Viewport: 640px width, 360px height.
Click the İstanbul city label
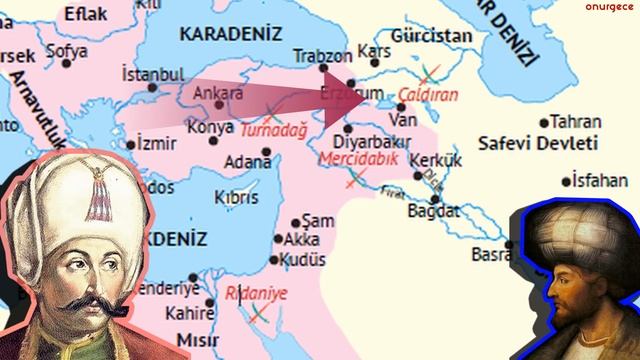pyautogui.click(x=152, y=74)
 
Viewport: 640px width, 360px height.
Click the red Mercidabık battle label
pyautogui.click(x=357, y=159)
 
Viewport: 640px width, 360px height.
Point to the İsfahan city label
pyautogui.click(x=605, y=181)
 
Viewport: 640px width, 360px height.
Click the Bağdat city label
pyautogui.click(x=434, y=212)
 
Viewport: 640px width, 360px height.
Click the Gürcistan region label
pyautogui.click(x=432, y=35)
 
